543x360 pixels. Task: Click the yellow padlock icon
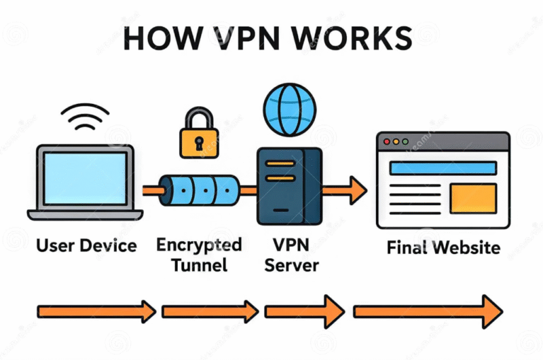pos(199,133)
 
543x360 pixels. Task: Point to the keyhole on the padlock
pos(199,143)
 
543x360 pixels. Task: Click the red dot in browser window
pos(388,142)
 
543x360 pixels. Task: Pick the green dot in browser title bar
pos(405,142)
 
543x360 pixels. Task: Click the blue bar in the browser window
pos(441,167)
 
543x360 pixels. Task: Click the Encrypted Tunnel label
pos(199,254)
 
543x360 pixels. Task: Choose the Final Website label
pos(443,247)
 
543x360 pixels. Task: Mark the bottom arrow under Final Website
pos(428,312)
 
